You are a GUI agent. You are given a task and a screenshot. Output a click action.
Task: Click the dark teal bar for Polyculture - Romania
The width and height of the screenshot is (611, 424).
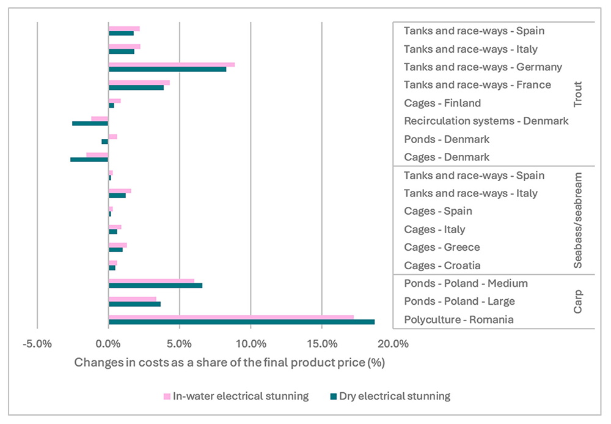241,322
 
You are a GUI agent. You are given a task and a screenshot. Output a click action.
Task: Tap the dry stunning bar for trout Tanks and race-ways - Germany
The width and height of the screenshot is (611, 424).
167,70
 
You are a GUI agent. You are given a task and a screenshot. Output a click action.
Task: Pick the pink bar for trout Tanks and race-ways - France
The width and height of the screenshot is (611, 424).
139,83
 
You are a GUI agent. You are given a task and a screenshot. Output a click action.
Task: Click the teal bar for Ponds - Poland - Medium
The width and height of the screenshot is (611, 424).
155,286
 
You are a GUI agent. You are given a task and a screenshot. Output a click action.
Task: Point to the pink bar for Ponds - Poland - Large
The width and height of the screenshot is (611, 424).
132,299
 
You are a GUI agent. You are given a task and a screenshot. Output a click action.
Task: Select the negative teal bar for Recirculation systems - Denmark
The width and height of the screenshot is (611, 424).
90,124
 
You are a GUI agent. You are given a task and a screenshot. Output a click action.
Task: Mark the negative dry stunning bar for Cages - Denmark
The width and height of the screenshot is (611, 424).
89,160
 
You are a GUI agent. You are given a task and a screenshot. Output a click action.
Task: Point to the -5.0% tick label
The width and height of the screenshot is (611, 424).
37,343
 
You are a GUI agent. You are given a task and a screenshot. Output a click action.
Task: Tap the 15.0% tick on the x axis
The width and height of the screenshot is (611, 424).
322,343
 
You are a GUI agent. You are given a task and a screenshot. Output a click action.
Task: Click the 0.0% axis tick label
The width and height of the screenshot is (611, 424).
108,343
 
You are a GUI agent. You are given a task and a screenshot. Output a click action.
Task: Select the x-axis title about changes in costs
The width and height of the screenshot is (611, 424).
229,362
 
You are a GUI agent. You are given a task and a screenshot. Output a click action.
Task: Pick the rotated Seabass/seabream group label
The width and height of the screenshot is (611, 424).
578,220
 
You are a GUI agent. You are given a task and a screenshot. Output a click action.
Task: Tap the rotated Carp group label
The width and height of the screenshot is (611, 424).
578,302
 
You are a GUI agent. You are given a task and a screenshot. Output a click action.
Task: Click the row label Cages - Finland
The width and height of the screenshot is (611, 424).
442,103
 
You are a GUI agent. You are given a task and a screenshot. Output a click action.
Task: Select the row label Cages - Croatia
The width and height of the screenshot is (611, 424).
442,265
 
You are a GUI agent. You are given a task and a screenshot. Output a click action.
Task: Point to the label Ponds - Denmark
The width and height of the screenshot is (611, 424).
446,139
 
